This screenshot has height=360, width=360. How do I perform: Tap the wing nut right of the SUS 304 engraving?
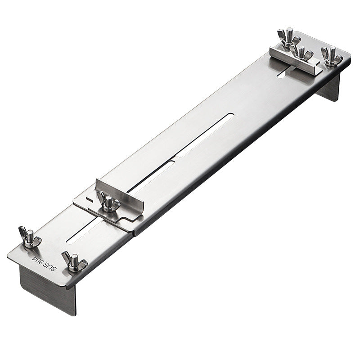click(74, 262)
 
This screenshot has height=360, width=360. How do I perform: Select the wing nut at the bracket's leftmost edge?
click(29, 237)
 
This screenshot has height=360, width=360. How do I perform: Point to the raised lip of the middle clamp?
click(119, 193)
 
